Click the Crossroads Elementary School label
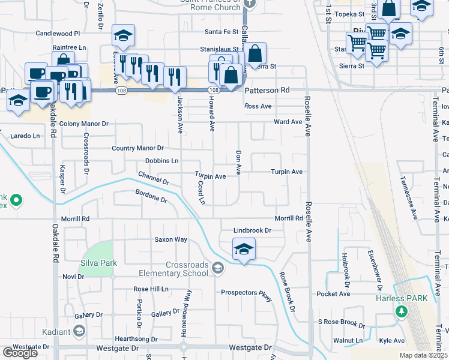(179, 269)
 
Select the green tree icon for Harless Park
(401, 311)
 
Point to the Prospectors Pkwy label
(247, 293)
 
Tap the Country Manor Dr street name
(137, 148)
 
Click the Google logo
(19, 352)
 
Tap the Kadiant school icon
(79, 332)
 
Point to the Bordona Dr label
(150, 197)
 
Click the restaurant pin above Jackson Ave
(175, 77)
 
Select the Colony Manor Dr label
(84, 124)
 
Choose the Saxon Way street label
(171, 239)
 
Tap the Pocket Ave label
(333, 294)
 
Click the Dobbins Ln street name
(162, 161)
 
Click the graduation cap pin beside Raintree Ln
(123, 36)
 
